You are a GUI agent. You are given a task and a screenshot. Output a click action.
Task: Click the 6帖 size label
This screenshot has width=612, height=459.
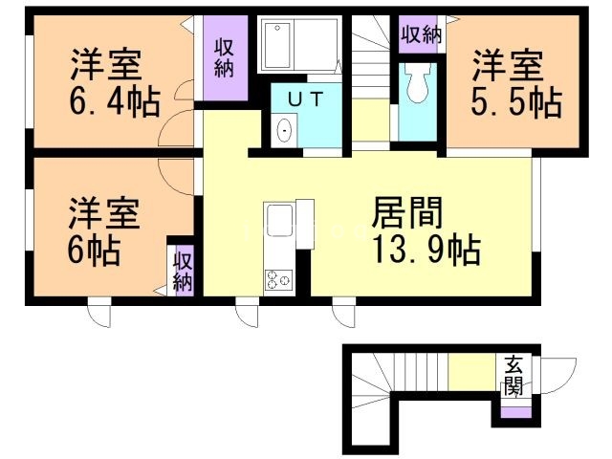(93, 251)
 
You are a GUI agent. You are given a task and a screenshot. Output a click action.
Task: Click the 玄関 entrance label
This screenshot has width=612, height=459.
(514, 375)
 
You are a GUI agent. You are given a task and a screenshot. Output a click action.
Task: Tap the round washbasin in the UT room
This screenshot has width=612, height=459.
(284, 131)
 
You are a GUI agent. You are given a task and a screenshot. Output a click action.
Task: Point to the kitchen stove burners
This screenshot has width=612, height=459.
(279, 279)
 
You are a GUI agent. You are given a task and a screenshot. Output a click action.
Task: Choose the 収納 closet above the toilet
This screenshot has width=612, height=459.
(421, 35)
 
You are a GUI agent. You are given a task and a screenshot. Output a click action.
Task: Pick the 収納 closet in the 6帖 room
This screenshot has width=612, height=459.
(183, 271)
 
